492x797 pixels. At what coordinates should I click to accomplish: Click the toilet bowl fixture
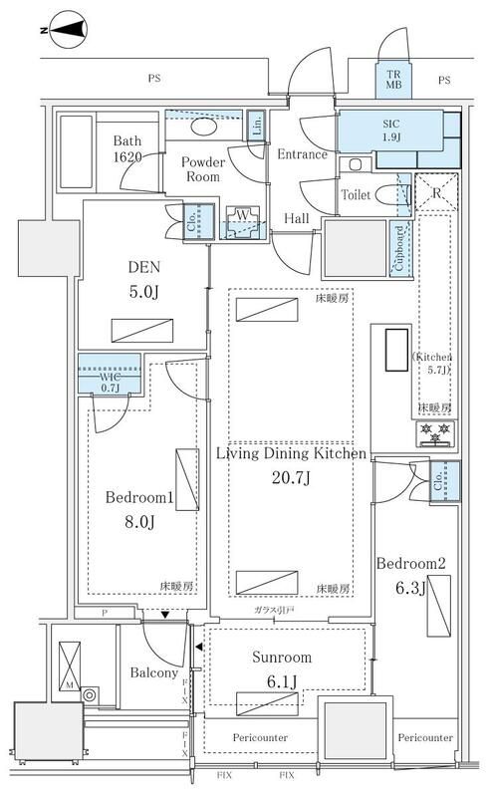382,196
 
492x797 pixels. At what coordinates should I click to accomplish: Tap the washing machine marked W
240,217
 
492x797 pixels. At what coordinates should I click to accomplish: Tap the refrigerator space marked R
434,193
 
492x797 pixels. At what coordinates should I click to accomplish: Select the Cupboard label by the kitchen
400,247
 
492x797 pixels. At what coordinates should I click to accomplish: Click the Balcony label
152,672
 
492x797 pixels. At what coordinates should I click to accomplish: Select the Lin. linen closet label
256,126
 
